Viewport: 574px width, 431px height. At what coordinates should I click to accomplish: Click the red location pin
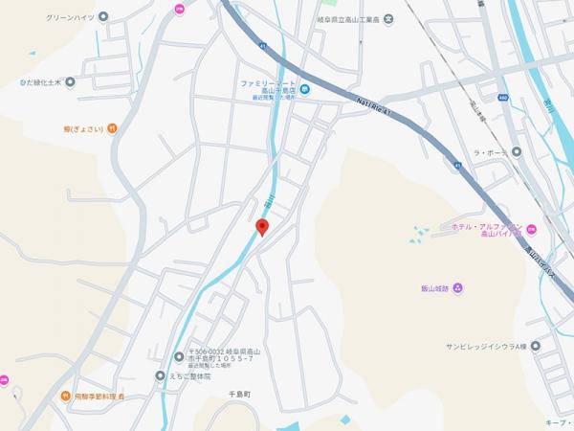click(263, 227)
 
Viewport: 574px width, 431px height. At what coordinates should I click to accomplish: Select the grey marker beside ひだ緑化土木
click(70, 82)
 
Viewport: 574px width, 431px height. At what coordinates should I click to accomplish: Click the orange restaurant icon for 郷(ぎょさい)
click(112, 128)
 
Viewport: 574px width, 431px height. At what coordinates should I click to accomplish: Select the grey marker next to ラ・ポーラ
click(517, 151)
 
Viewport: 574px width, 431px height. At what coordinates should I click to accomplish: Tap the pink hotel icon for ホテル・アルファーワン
click(532, 228)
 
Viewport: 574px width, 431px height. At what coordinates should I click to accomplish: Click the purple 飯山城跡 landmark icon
click(457, 287)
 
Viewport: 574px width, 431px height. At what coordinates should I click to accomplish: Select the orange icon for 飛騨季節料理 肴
click(67, 395)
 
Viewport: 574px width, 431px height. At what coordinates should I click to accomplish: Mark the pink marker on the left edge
click(4, 380)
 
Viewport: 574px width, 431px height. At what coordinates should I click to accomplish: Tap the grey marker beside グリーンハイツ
click(103, 15)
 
